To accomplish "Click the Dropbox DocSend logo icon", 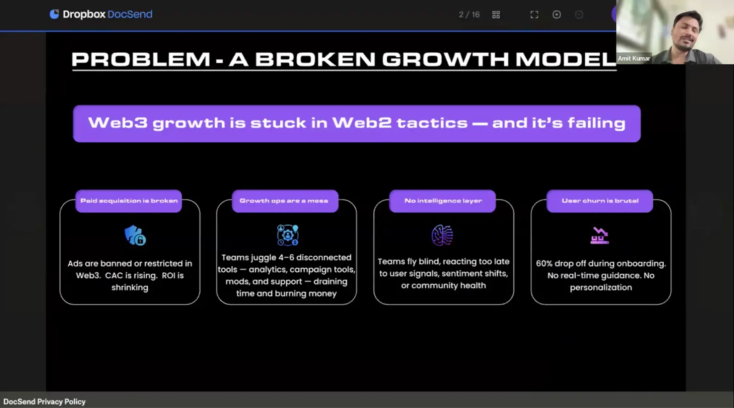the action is coord(54,14).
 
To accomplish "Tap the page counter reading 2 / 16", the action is coord(469,15).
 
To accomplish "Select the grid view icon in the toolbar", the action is coord(496,15).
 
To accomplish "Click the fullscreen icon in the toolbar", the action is coord(534,15).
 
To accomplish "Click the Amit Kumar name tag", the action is coord(634,58).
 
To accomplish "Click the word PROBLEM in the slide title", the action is coord(141,59).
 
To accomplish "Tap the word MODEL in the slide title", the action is coord(566,59).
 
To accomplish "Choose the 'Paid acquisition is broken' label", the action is coord(129,201).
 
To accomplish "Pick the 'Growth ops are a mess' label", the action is coord(284,201).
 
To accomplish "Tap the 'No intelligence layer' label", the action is coord(443,201).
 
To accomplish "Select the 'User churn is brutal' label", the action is coord(600,201).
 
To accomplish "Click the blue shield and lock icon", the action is coord(135,235).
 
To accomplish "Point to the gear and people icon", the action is coord(287,235).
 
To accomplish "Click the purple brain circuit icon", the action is coord(442,235).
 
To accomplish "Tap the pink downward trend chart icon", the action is coord(600,236).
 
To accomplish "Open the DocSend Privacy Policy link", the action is coord(44,402).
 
